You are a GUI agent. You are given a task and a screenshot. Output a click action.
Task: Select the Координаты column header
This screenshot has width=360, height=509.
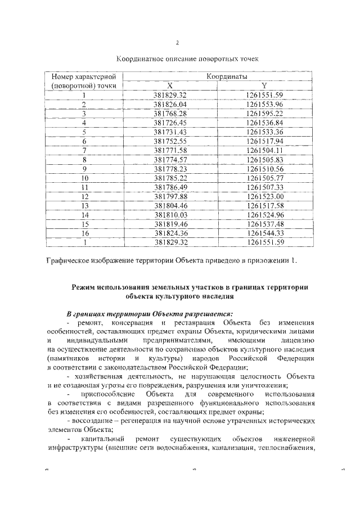tap(227, 76)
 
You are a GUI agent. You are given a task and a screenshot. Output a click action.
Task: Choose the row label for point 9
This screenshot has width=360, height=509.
tap(84, 168)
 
